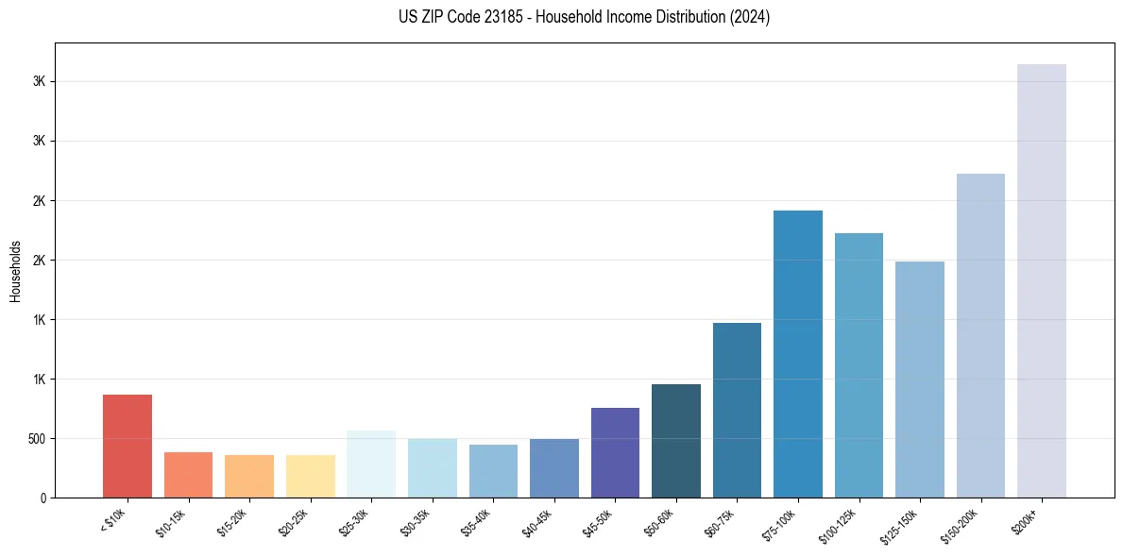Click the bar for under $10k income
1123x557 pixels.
(x=128, y=446)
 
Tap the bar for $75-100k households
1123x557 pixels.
(x=797, y=354)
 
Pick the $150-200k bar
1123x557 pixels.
(x=980, y=335)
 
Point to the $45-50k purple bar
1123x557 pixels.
(x=615, y=452)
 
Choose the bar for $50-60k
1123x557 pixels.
(x=675, y=441)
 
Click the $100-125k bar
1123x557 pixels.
(x=859, y=365)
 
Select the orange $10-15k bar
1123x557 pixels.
(x=188, y=475)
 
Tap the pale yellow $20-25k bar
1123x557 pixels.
(x=310, y=476)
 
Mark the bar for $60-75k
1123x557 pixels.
(x=737, y=410)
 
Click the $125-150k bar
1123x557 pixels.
(x=919, y=380)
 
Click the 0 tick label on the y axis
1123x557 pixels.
(x=43, y=498)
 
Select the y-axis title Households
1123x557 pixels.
(x=16, y=271)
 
